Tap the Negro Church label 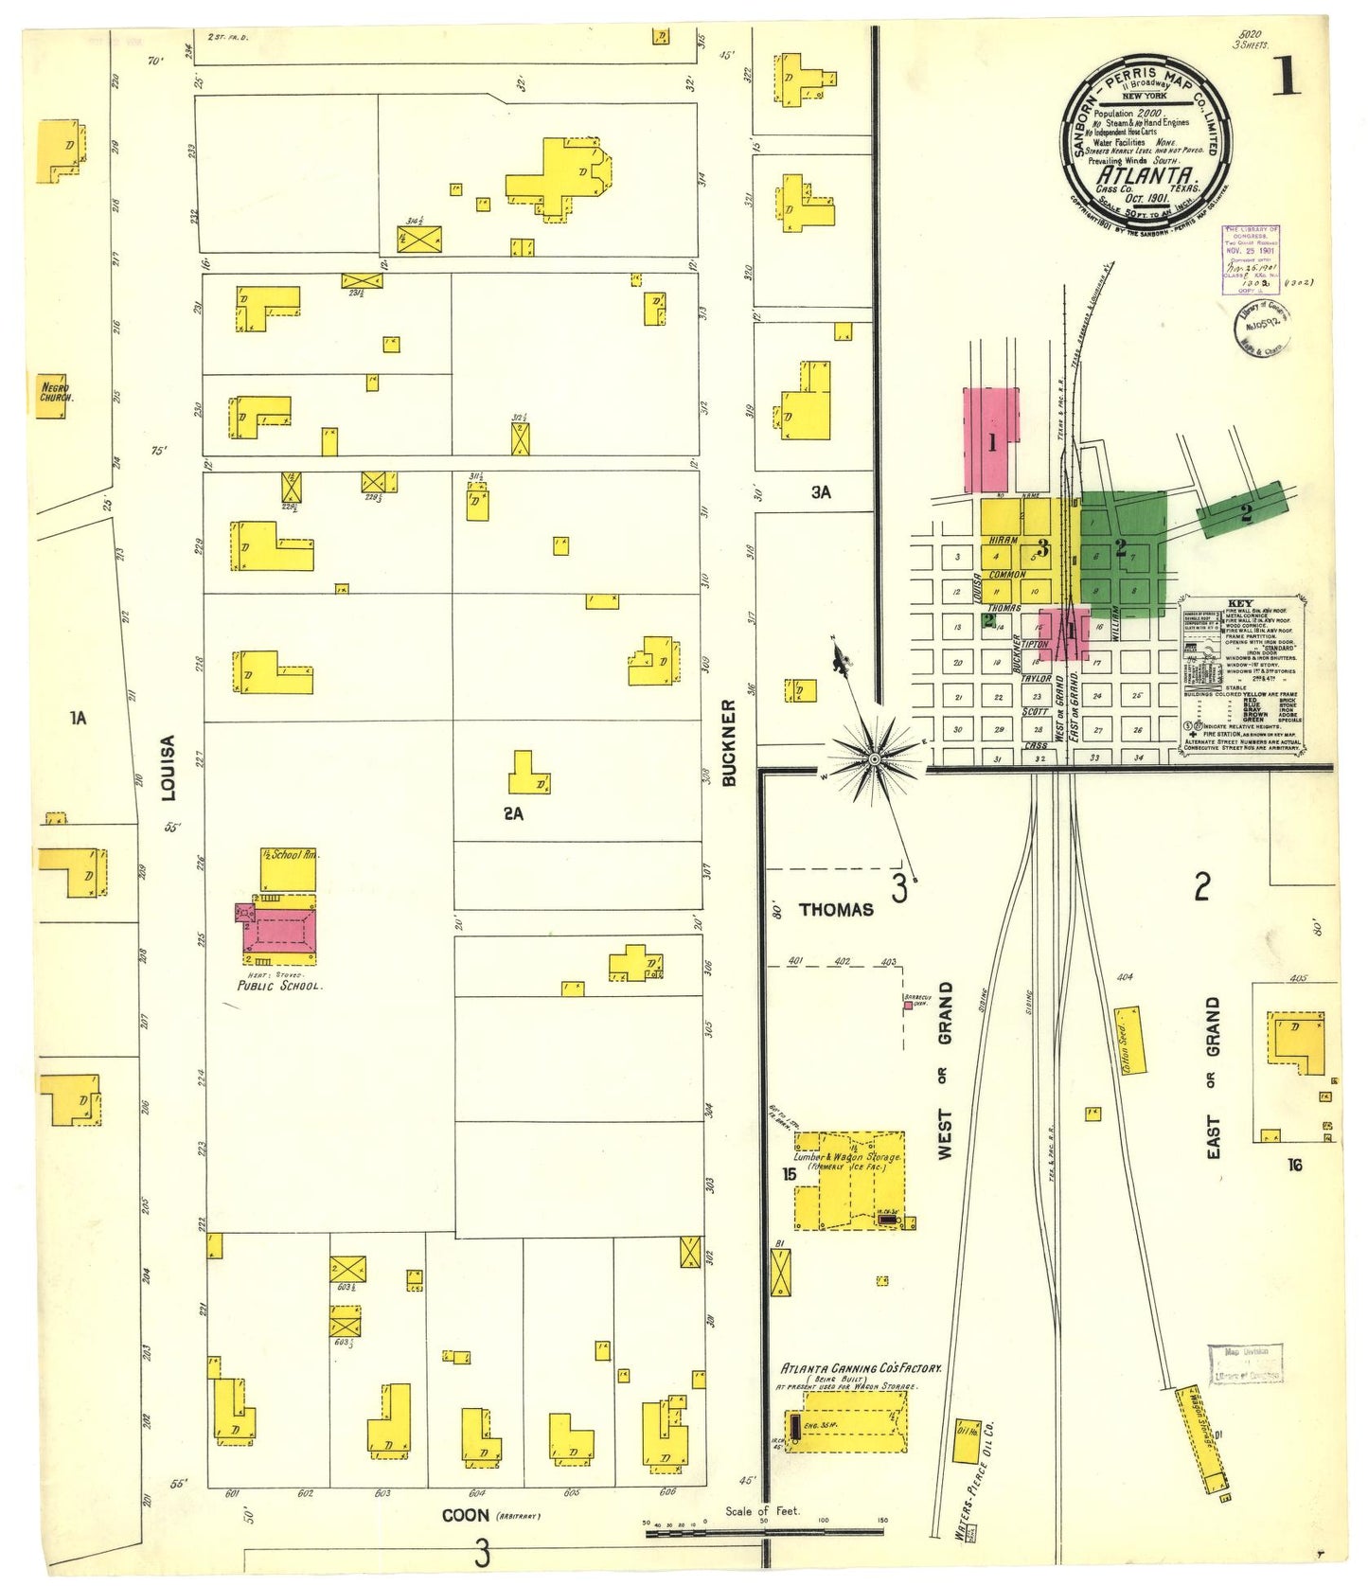coord(55,392)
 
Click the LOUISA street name coord(169,768)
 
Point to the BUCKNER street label coord(728,743)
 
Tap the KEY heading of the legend coord(1239,603)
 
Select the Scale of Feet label coord(762,1510)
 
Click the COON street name coord(466,1515)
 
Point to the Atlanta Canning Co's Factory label coord(861,1368)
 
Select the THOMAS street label coord(836,909)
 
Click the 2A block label coord(513,812)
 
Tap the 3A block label coord(821,492)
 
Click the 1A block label coord(79,718)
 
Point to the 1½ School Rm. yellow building coord(289,868)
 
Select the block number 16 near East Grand coord(1294,1164)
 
